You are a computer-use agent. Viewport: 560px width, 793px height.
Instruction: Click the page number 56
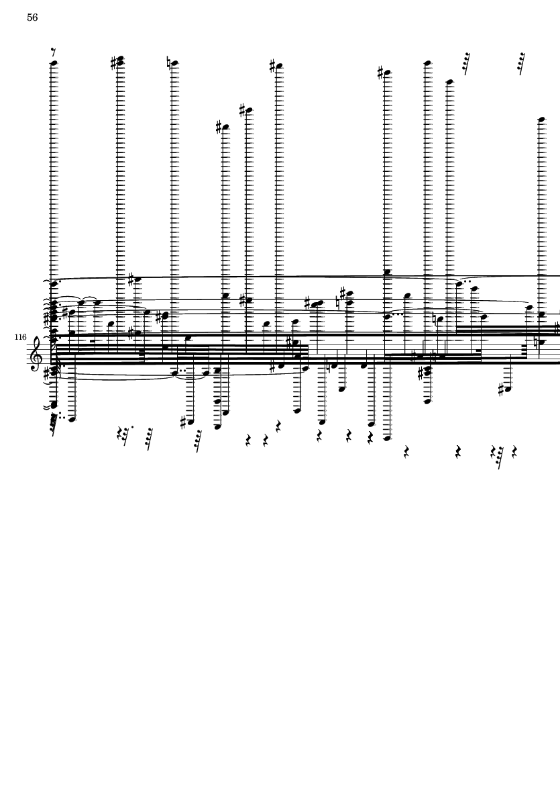32,17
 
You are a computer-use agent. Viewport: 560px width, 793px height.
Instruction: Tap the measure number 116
20,337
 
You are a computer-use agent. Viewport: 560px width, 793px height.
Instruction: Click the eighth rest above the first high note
54,52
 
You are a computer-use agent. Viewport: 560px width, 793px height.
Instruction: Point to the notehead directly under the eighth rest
54,64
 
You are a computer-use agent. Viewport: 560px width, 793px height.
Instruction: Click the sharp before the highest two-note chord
113,64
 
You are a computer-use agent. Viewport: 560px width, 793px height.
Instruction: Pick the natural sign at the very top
168,63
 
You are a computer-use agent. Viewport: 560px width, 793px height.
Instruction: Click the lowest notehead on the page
387,438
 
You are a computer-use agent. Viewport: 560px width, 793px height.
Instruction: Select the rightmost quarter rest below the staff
514,451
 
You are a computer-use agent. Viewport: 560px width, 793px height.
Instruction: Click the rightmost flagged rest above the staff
521,63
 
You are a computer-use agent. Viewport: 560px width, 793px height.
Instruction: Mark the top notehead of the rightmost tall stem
541,120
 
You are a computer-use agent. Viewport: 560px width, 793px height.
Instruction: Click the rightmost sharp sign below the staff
502,390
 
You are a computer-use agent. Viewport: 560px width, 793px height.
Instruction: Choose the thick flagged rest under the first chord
54,425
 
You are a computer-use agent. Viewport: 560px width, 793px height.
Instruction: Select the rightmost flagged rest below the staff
498,458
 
